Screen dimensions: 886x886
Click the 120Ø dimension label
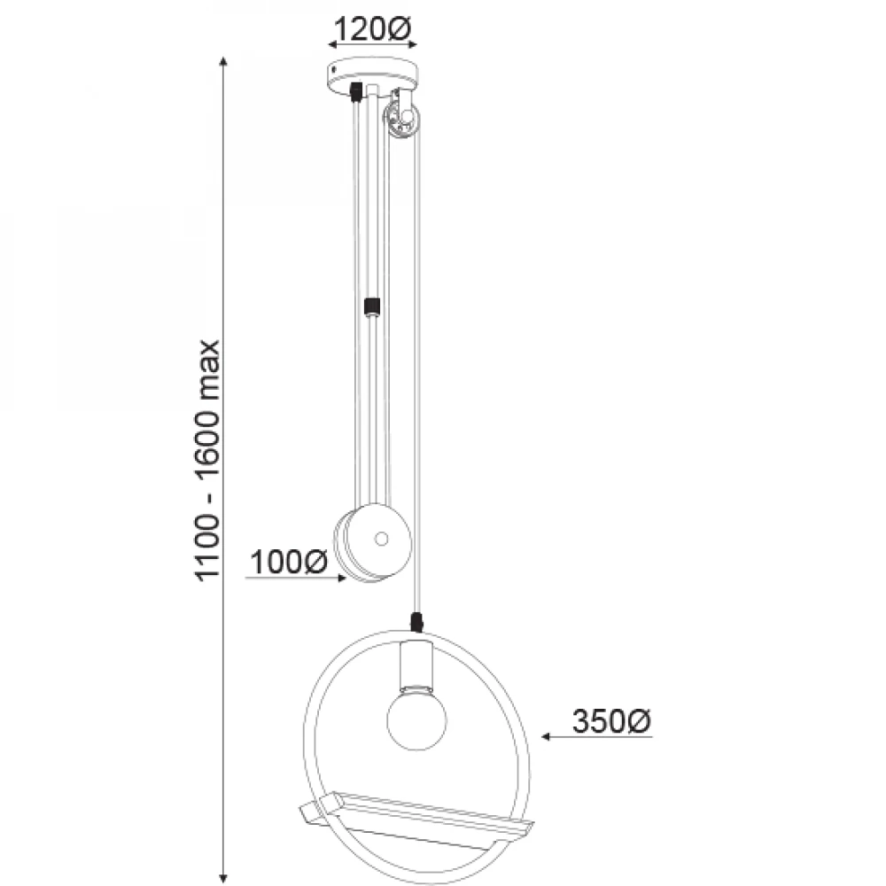(x=372, y=29)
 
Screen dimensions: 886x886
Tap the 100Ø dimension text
(x=288, y=563)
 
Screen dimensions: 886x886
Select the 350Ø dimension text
(x=612, y=721)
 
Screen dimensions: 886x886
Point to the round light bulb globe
(x=416, y=720)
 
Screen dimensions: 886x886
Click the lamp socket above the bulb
(x=416, y=666)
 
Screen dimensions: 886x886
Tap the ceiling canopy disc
(x=374, y=75)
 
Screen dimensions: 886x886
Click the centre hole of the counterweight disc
(x=381, y=539)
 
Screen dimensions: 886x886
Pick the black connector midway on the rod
(x=372, y=307)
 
